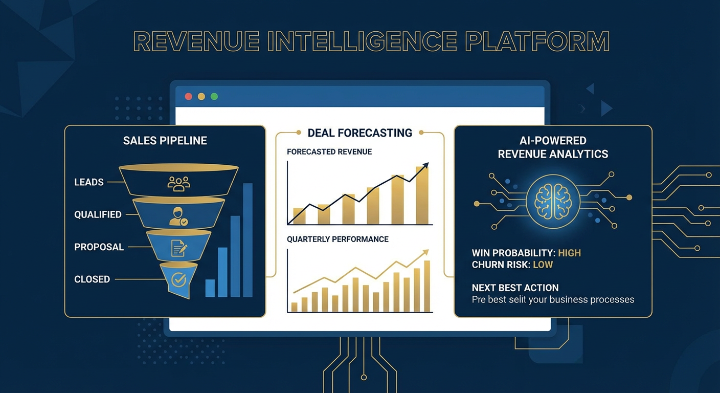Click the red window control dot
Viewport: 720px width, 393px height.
tap(188, 96)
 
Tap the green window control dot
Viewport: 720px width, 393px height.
tap(214, 96)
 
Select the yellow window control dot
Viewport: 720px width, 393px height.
tap(201, 96)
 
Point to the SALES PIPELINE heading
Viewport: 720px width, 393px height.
tap(165, 141)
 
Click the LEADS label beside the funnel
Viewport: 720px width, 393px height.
tap(89, 182)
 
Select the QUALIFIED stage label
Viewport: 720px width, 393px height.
tap(98, 214)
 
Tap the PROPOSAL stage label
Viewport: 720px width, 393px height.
tap(99, 247)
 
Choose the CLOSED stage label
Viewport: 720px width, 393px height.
tap(92, 279)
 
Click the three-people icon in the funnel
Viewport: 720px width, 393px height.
tap(178, 183)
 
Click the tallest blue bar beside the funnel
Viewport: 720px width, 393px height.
tap(247, 240)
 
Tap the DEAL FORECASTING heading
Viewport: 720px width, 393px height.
tap(360, 133)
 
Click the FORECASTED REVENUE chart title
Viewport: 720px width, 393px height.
tap(329, 152)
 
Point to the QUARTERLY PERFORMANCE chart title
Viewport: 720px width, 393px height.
tap(337, 239)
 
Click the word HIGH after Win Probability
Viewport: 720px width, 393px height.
tap(569, 253)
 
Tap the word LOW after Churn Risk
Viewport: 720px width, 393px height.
tap(543, 265)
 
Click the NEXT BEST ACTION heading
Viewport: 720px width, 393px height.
tap(515, 288)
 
